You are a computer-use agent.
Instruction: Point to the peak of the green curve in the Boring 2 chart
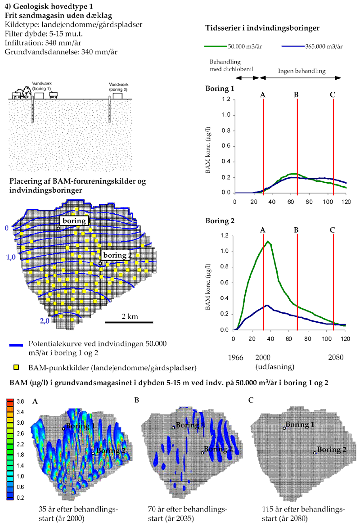tap(268, 242)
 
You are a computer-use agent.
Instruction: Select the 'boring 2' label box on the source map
tap(116, 255)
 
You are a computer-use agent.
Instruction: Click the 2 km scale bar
tap(130, 322)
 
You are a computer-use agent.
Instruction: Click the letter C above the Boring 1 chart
tap(332, 95)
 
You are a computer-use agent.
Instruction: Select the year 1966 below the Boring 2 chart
tap(236, 357)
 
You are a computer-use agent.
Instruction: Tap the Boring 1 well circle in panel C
tap(284, 428)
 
